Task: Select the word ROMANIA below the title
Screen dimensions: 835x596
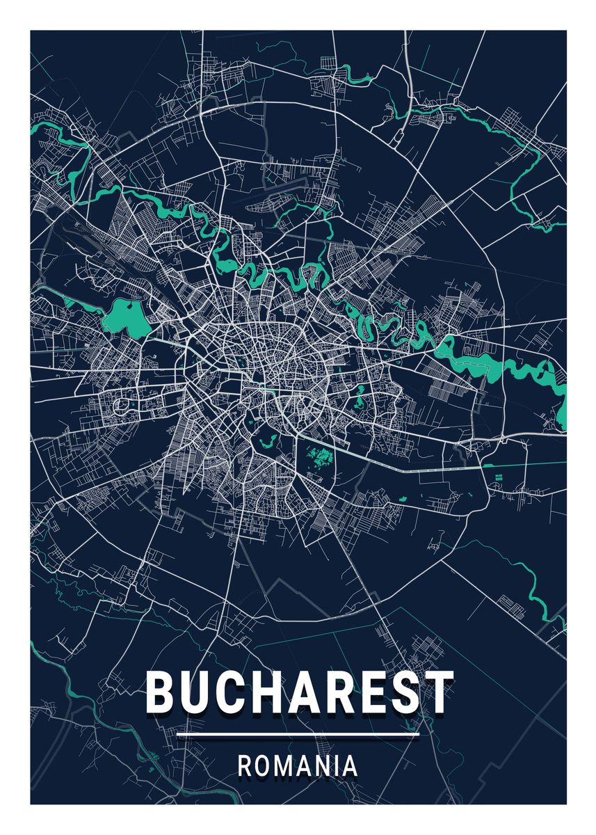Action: [x=298, y=766]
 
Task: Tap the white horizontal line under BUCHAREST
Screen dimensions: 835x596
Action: [x=298, y=735]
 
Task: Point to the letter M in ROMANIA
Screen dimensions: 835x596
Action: [x=284, y=766]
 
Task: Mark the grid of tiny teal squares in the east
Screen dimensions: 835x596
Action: [x=498, y=477]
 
